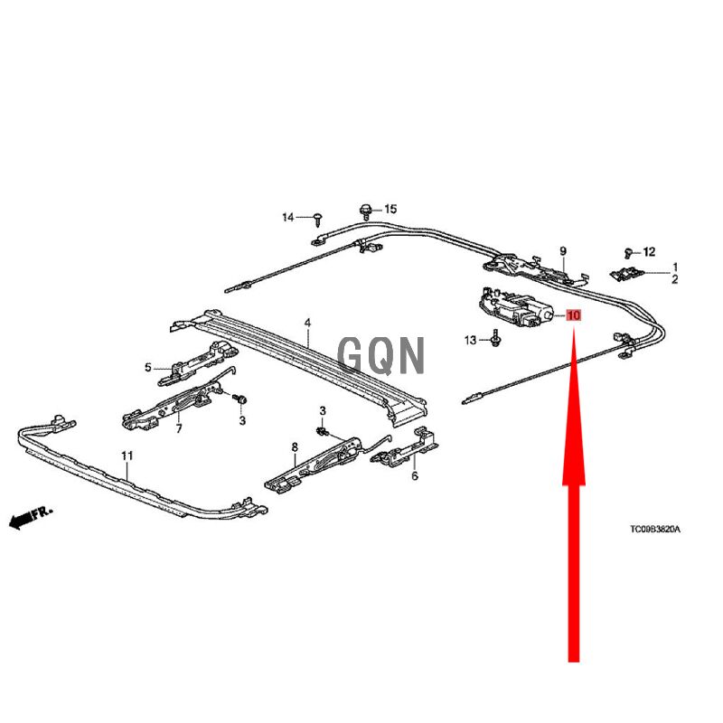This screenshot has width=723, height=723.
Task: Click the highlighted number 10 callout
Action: click(575, 316)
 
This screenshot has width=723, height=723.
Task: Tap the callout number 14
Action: click(288, 217)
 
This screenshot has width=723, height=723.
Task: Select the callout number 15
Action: click(390, 209)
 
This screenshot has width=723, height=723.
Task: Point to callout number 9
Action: click(562, 250)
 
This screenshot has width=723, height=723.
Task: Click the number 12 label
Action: click(649, 252)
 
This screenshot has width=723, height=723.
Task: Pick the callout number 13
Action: click(470, 340)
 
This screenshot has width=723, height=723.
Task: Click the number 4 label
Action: click(307, 323)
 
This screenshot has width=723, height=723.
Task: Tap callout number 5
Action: click(148, 367)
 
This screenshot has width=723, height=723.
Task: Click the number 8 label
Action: click(294, 446)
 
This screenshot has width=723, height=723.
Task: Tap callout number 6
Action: click(415, 475)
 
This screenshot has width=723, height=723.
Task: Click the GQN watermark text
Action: click(380, 355)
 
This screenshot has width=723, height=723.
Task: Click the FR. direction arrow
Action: click(30, 518)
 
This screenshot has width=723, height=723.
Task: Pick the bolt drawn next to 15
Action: click(365, 211)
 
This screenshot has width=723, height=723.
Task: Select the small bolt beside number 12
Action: click(629, 253)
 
